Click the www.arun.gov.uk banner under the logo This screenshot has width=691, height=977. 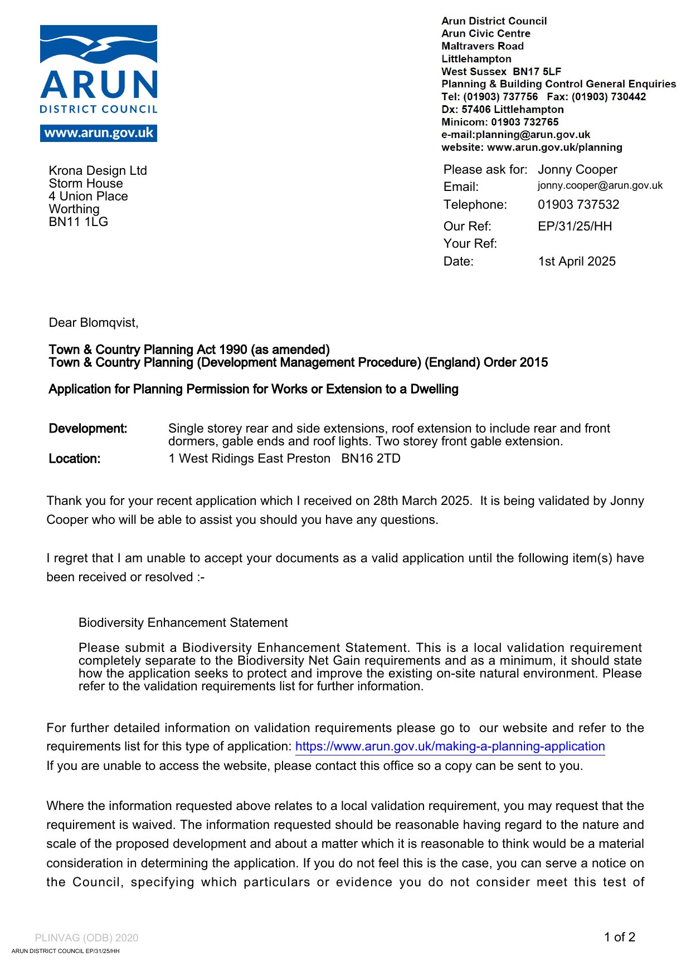[x=99, y=133]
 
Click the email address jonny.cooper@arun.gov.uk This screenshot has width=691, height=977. [x=600, y=185]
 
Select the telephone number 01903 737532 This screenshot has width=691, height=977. [x=578, y=204]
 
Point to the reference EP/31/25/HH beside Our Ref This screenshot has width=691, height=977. [x=574, y=226]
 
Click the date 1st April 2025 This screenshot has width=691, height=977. [x=576, y=261]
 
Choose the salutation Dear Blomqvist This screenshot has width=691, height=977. [x=93, y=323]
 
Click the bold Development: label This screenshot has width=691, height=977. [x=88, y=429]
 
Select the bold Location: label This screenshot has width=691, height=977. [x=75, y=459]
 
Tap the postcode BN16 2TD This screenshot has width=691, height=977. [x=371, y=459]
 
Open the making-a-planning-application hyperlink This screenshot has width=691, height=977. [x=450, y=747]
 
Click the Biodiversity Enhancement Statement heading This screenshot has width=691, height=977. [x=183, y=623]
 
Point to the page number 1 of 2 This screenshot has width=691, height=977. [x=619, y=937]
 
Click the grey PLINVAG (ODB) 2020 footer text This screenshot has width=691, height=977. [x=86, y=938]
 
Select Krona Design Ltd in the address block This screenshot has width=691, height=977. [x=98, y=171]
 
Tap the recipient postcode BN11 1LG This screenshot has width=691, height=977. [x=78, y=222]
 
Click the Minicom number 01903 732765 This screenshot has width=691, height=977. [x=524, y=122]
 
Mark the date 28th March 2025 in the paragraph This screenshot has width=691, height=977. [x=421, y=501]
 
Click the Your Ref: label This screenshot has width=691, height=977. [x=470, y=244]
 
